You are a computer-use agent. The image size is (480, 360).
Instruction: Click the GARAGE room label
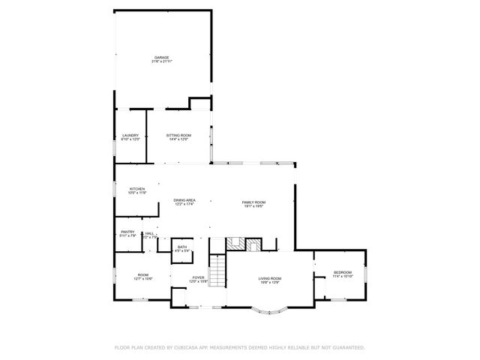click(161, 57)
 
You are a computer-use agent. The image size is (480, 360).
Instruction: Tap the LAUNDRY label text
click(130, 135)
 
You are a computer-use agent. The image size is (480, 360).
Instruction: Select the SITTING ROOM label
click(178, 135)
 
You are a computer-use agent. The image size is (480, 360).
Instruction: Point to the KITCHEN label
click(136, 188)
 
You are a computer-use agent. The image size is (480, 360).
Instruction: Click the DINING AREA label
click(184, 200)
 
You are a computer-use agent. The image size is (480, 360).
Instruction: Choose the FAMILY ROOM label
click(253, 202)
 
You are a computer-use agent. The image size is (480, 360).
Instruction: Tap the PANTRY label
click(127, 232)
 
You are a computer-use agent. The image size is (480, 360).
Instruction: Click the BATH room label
click(182, 247)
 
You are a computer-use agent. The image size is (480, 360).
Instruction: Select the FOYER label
click(198, 277)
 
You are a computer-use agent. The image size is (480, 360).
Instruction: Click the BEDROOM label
click(342, 272)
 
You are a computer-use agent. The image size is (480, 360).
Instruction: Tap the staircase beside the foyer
click(216, 271)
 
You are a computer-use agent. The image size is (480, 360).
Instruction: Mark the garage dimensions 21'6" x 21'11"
click(161, 61)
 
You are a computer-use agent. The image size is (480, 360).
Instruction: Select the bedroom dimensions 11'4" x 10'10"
click(342, 277)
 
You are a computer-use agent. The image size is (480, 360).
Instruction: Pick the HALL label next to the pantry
click(149, 233)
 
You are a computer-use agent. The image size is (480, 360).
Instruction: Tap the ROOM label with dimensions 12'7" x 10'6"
click(142, 274)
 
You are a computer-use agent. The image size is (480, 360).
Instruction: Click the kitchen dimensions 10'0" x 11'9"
click(136, 193)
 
